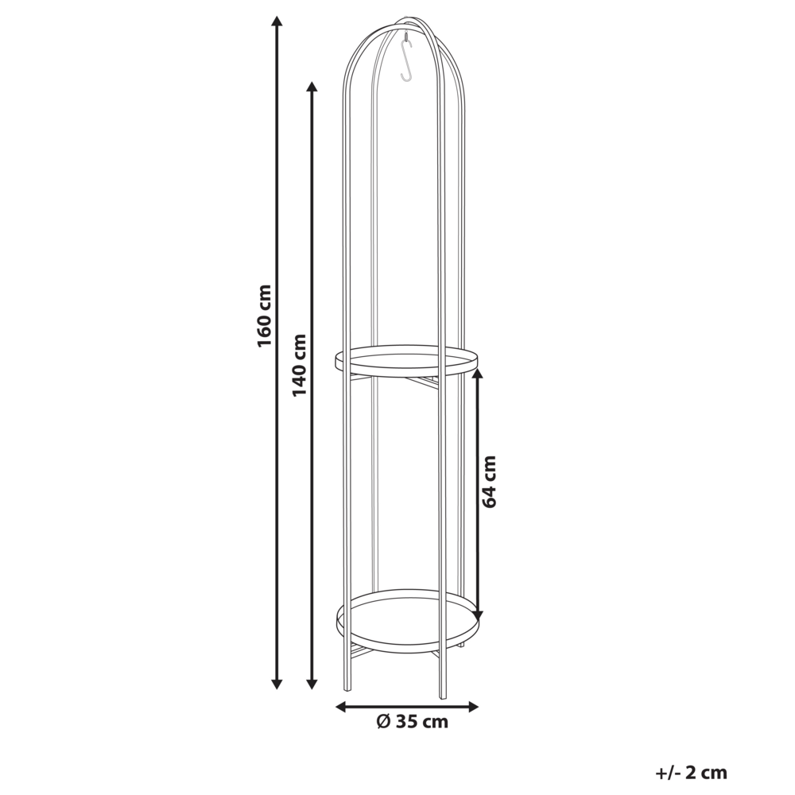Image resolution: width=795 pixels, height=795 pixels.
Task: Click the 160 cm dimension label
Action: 265,315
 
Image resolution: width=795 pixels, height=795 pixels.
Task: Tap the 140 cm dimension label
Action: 299,365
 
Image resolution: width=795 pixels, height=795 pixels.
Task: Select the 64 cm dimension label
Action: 489,482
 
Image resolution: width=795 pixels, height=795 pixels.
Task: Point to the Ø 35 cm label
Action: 412,722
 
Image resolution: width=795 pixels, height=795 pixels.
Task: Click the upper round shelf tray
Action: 406,360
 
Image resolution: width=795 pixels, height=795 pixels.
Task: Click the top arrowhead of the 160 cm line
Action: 277,22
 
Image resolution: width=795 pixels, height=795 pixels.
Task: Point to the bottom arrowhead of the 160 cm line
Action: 277,683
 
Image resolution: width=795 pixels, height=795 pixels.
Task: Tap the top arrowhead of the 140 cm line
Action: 312,87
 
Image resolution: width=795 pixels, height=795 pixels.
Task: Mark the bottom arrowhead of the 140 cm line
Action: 312,683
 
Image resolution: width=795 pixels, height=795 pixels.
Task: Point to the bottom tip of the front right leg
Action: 443,696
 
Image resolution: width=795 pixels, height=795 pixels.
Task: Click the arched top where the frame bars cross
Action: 406,19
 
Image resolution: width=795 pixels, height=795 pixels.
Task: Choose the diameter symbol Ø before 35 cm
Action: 382,722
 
